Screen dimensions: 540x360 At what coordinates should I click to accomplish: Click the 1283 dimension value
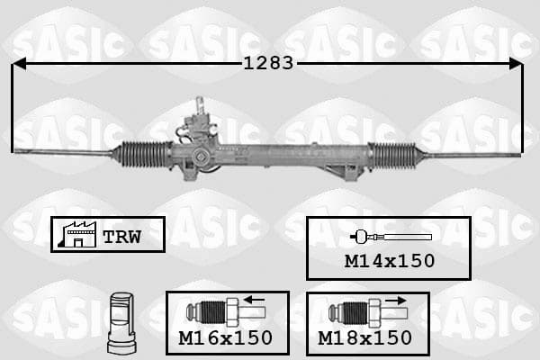point(268,63)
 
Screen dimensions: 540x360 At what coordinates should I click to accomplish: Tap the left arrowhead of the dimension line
point(19,64)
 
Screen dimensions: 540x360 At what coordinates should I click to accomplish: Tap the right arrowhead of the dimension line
point(516,64)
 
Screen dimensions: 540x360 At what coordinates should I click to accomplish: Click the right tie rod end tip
point(517,156)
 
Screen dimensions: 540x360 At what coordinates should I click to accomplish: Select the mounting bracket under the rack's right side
point(345,172)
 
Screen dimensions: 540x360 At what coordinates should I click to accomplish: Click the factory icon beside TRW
point(77,235)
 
